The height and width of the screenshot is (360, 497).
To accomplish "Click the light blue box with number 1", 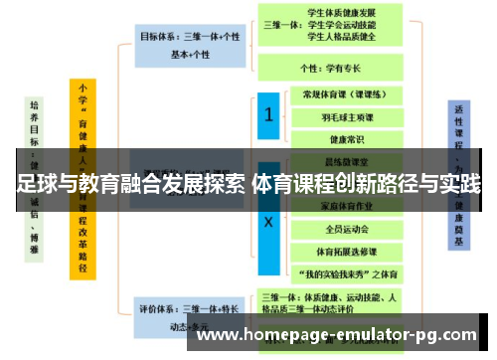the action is click(266, 115).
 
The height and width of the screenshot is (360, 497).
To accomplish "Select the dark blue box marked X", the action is click(266, 222).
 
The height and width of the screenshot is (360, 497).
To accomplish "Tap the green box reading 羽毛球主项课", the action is click(341, 117).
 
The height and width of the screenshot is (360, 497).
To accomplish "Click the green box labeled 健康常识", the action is click(341, 139).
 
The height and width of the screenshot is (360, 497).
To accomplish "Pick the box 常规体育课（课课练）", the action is click(341, 95).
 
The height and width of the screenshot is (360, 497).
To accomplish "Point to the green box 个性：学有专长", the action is click(331, 70).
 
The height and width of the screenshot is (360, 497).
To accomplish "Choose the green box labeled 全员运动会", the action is click(341, 229).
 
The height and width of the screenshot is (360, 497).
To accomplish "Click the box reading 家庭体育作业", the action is click(341, 207).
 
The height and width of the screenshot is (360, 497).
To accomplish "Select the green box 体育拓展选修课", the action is click(341, 251).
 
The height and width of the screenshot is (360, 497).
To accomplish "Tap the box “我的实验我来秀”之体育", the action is click(341, 272).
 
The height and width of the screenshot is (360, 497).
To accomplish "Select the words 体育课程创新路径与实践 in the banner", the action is click(368, 184).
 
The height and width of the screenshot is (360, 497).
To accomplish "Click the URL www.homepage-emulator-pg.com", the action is click(338, 335).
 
